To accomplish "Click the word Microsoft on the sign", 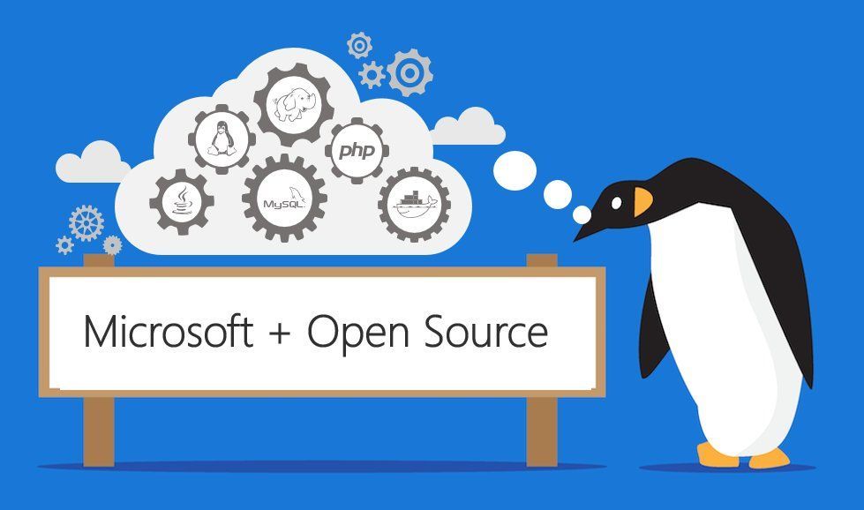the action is point(169,331).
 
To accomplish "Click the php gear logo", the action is point(357,150).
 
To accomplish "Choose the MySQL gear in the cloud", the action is point(284,199).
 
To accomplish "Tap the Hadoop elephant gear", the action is point(294,104).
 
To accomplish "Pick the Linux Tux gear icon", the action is point(222,139).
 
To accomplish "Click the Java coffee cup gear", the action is point(182,201).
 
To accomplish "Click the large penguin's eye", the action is point(617,203).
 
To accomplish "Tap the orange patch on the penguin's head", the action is point(642,201).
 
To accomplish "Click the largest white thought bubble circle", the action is point(515,170).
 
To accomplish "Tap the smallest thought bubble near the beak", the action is point(582,214).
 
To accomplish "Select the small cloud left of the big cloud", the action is point(93,162).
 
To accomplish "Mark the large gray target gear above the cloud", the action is point(409,72).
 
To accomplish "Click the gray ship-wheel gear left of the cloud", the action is point(86,223).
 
